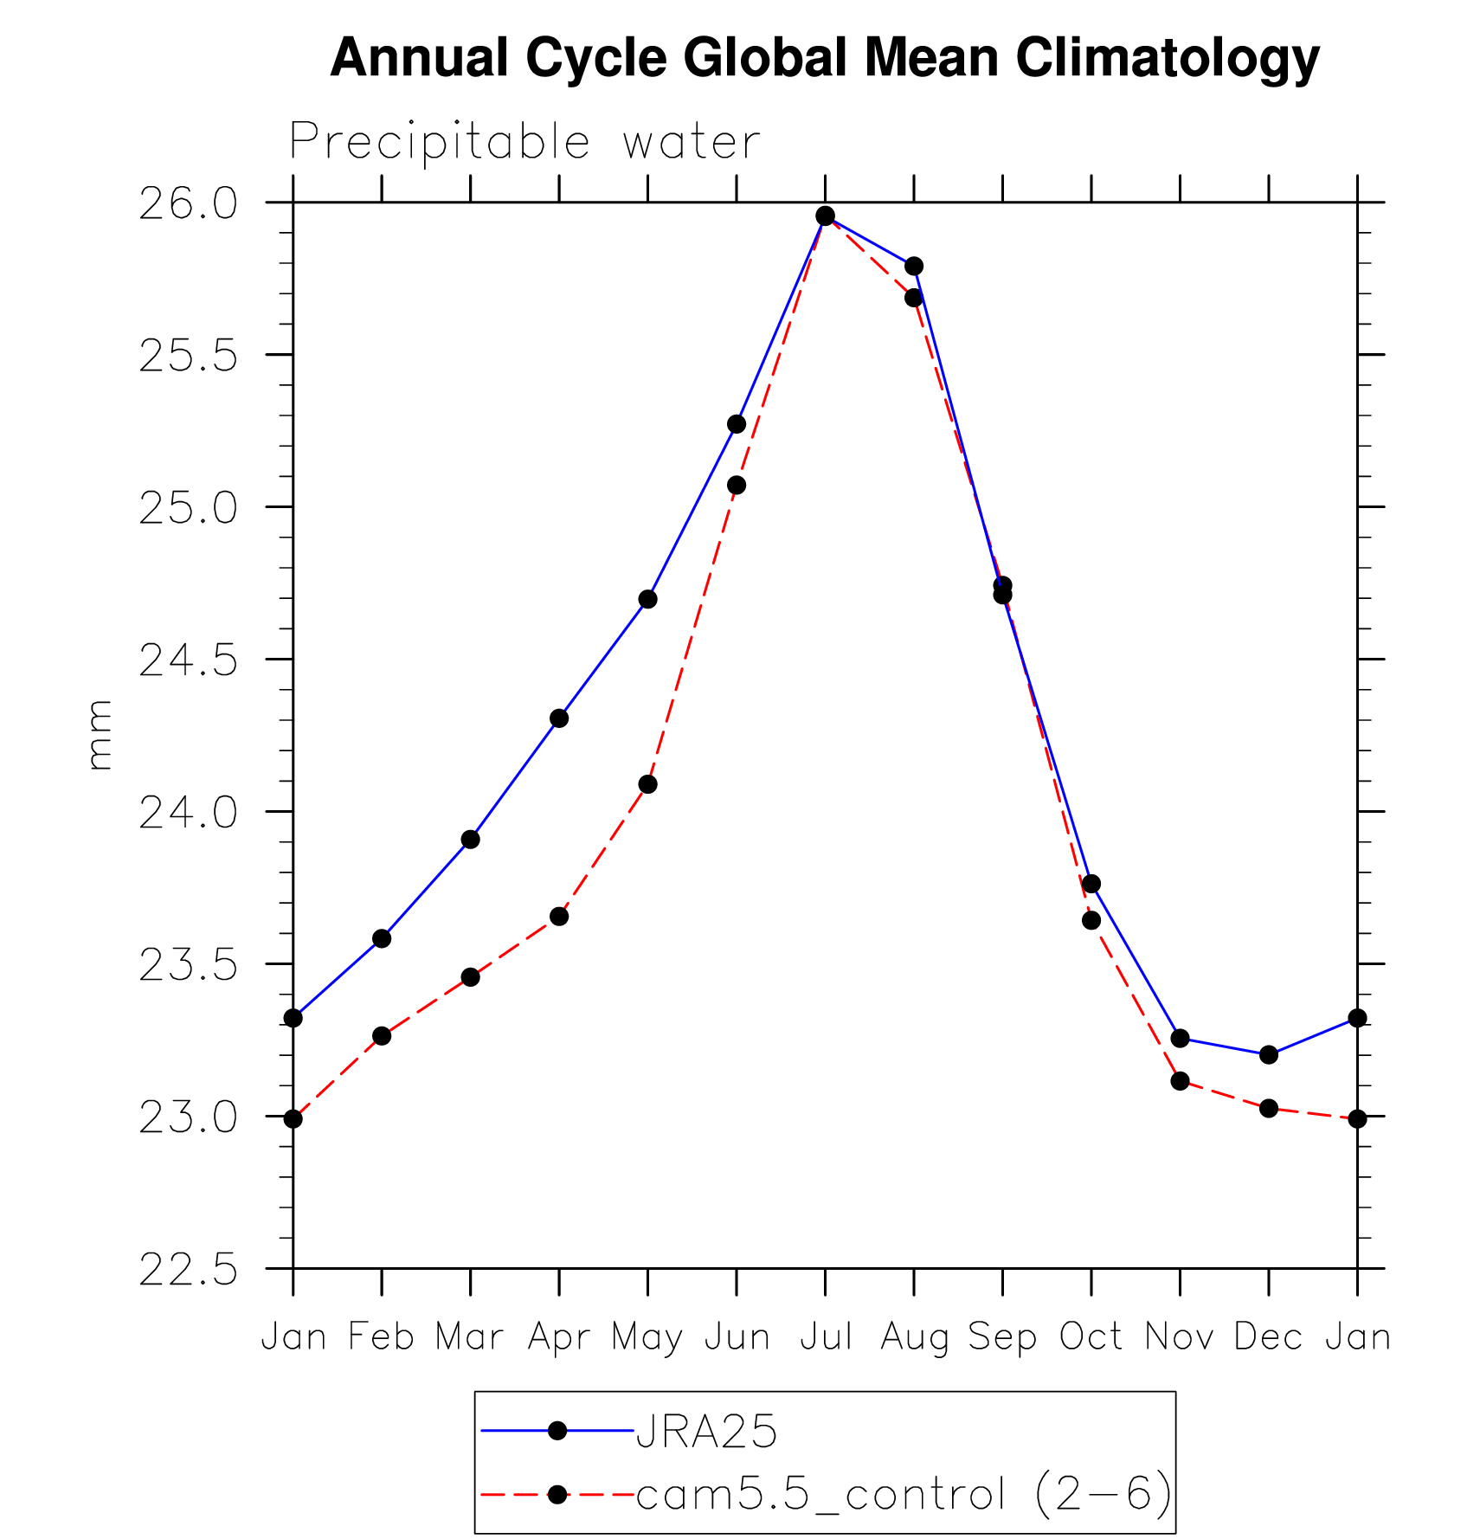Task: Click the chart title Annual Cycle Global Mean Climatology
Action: coord(825,58)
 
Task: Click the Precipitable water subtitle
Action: coord(524,141)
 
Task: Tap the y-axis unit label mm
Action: coord(100,735)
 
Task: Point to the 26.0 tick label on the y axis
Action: coord(188,204)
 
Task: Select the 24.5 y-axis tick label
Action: coord(188,661)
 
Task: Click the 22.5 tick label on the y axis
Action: coord(188,1271)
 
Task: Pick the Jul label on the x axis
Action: coord(826,1337)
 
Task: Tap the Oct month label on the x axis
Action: coord(1091,1337)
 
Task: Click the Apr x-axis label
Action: coord(559,1337)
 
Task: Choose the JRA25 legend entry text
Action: coord(706,1432)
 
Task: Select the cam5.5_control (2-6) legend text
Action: coord(904,1495)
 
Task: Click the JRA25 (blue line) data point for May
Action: coord(648,599)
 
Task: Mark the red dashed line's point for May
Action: coord(648,784)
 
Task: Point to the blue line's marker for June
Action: coord(737,424)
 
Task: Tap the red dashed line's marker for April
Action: coord(559,916)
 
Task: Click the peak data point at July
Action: coord(826,216)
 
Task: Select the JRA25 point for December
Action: coord(1269,1054)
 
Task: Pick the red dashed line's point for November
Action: coord(1180,1081)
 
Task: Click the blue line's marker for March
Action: coord(471,840)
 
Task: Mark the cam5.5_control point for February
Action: coord(382,1036)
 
